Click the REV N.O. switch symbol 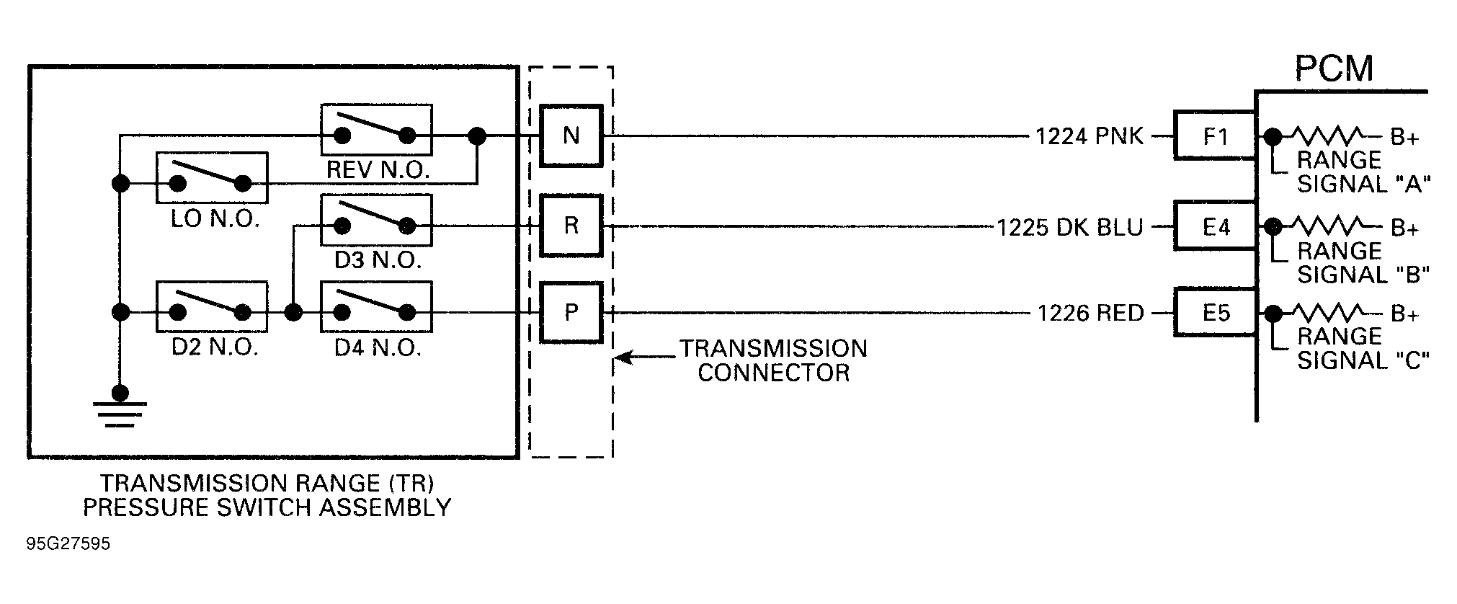[375, 130]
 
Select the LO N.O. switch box [212, 177]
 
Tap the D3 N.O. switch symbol [375, 221]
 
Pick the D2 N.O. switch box [212, 306]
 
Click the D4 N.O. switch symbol [375, 306]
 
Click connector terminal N [571, 136]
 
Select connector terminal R [571, 226]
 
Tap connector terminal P [571, 312]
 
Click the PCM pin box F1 [1215, 136]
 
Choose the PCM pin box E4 [1215, 227]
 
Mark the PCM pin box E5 [1215, 313]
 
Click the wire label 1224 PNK [1089, 136]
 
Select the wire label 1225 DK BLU [1069, 228]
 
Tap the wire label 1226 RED [1090, 314]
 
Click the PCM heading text [1334, 69]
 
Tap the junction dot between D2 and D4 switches [293, 312]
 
